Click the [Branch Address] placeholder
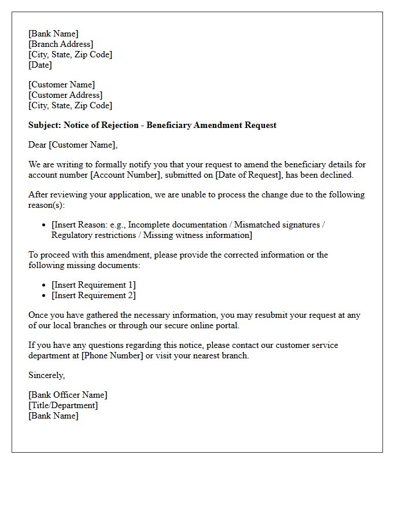(x=61, y=44)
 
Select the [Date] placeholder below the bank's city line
(x=40, y=65)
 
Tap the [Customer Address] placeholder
(x=65, y=95)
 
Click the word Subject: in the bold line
(x=45, y=125)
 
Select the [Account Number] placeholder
(x=123, y=175)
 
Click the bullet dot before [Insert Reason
(x=45, y=225)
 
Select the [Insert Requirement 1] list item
(x=94, y=285)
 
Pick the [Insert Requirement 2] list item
(x=94, y=295)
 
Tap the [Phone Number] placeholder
(x=112, y=355)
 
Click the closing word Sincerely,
(x=47, y=375)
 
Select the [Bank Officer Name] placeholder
(x=68, y=395)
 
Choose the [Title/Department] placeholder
(x=63, y=405)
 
